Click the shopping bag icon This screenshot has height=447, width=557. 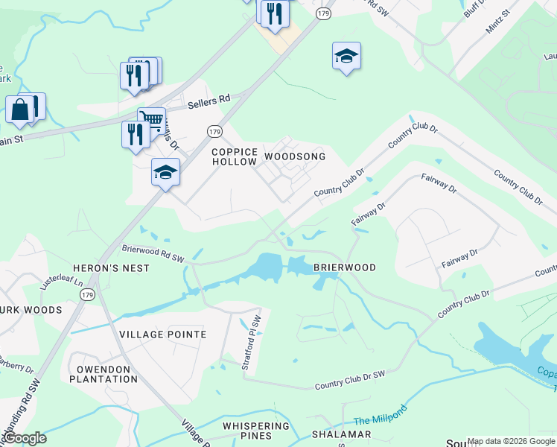[20, 110]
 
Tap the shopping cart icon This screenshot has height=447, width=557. [151, 120]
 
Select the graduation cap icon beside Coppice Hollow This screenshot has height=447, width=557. [165, 174]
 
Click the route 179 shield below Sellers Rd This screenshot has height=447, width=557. [214, 130]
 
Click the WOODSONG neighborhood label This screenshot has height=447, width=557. [295, 157]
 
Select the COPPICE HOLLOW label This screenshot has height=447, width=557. [235, 156]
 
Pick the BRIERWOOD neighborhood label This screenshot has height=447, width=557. [344, 267]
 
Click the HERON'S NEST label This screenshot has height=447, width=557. [111, 267]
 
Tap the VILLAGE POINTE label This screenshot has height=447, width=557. [162, 335]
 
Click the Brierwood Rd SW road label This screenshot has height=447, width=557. [153, 255]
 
